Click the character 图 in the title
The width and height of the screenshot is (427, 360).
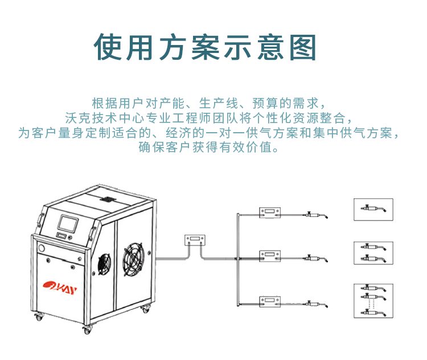[302, 47]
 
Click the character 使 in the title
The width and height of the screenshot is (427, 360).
[108, 47]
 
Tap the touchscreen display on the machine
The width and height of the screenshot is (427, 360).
[68, 223]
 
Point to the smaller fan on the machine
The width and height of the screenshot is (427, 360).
[104, 264]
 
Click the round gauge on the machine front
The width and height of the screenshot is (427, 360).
[42, 248]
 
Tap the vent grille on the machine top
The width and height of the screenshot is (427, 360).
[108, 199]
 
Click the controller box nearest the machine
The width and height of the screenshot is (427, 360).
[195, 240]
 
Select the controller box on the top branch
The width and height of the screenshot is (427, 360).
[270, 212]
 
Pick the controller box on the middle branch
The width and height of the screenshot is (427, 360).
[270, 256]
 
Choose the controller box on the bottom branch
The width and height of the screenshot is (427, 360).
[270, 301]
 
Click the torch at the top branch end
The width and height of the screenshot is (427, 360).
[317, 215]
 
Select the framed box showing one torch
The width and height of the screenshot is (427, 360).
[373, 209]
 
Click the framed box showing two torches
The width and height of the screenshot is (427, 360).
[373, 253]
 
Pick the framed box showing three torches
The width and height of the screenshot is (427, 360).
[373, 301]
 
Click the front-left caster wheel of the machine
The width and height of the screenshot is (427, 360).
[39, 316]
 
